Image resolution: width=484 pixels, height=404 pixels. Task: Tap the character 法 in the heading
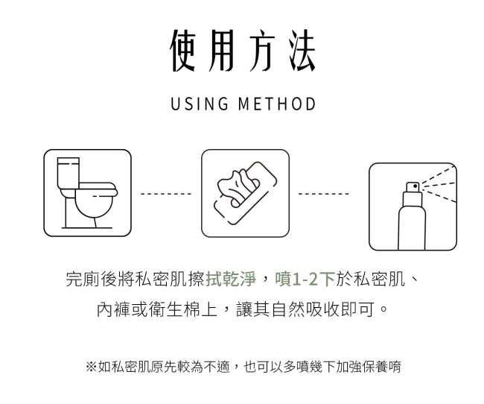pos(302,51)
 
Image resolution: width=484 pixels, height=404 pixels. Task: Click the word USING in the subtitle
pos(200,104)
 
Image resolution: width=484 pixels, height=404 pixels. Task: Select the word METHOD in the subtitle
pos(277,104)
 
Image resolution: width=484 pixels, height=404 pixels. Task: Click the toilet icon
pos(87,193)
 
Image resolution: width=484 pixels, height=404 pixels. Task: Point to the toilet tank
pos(69,173)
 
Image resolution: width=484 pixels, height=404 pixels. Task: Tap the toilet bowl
pos(94,205)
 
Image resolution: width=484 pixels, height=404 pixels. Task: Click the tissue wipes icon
pos(246,193)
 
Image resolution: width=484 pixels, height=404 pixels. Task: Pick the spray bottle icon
pos(413,206)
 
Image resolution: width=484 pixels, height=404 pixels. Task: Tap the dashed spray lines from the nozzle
pos(439,185)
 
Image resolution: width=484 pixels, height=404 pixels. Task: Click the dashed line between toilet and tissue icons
pos(166,194)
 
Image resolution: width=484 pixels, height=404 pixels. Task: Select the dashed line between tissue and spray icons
pos(323,194)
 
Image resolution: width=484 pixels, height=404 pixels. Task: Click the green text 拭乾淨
pos(231,279)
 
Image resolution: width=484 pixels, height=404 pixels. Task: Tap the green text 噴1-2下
pos(305,279)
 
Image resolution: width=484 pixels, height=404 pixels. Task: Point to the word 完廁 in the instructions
pos(83,279)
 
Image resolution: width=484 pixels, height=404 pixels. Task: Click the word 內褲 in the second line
pos(114,309)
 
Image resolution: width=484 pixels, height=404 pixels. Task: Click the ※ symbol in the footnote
pos(92,367)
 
